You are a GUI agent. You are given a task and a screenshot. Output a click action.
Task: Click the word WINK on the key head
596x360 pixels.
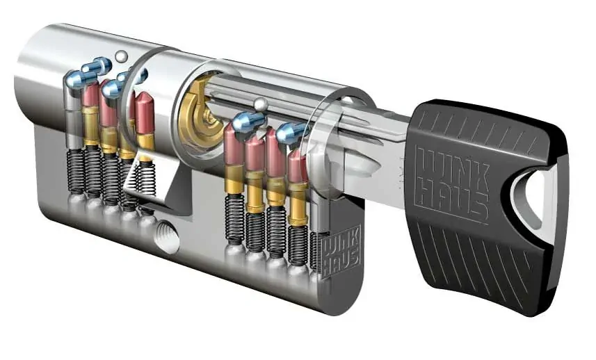coord(448,167)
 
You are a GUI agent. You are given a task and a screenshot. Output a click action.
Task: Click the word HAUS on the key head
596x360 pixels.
coord(452,199)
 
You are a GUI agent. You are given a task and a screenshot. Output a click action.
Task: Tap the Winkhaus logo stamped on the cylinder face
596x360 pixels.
coord(341,252)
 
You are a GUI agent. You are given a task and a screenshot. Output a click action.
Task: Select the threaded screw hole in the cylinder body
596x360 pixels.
coord(167,237)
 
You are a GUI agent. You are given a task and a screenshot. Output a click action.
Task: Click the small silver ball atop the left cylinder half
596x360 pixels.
coord(122,56)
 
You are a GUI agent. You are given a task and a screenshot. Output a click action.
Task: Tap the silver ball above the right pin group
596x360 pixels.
coord(260,104)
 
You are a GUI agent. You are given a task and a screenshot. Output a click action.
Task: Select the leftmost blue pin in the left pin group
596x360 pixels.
coord(79,79)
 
